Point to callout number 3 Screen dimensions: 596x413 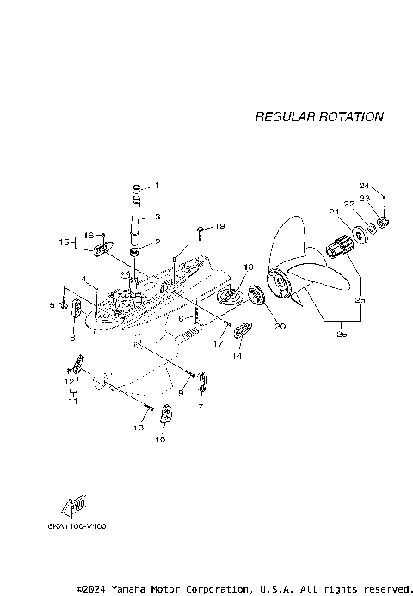point(157,218)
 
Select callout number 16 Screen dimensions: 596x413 point(88,235)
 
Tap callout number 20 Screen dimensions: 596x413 point(280,325)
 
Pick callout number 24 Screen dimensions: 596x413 point(364,187)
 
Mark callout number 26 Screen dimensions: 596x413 point(359,301)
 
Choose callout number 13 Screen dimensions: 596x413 point(138,427)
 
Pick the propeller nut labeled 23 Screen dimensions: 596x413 point(384,225)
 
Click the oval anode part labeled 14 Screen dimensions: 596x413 point(243,328)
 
